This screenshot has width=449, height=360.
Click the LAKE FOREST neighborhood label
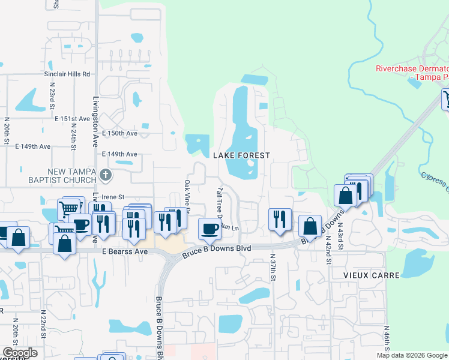coord(242,155)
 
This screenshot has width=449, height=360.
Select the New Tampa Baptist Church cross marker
coord(106,175)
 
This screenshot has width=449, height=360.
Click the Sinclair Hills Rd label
coord(67,74)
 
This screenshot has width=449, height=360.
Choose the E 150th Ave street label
coord(120,133)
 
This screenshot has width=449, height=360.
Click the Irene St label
coord(112,197)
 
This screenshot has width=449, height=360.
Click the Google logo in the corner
coord(20,353)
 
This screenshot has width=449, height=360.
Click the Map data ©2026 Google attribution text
coord(412,355)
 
